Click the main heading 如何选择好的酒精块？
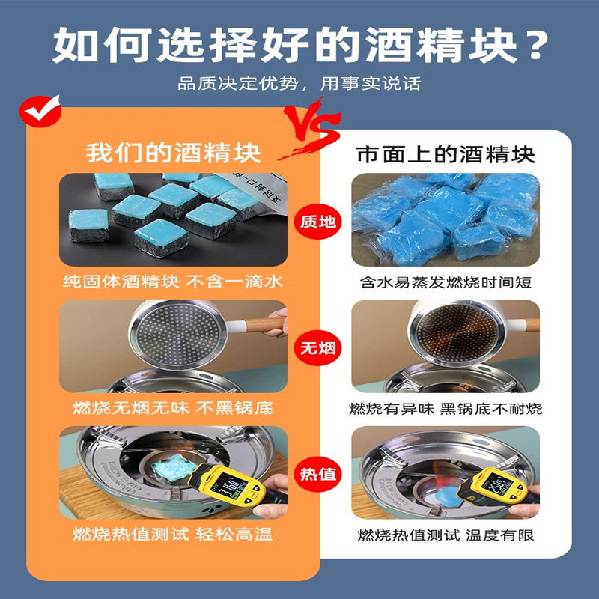pyautogui.click(x=300, y=45)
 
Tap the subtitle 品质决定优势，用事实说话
pyautogui.click(x=299, y=83)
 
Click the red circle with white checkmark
pyautogui.click(x=40, y=111)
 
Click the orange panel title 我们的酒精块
pyautogui.click(x=174, y=153)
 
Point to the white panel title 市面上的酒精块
pyautogui.click(x=446, y=155)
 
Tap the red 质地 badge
pyautogui.click(x=317, y=222)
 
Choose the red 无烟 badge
pyautogui.click(x=317, y=348)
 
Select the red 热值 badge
pyautogui.click(x=317, y=474)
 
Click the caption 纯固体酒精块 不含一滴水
pyautogui.click(x=173, y=282)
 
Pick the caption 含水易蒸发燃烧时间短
pyautogui.click(x=446, y=282)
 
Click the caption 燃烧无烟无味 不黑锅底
pyautogui.click(x=173, y=407)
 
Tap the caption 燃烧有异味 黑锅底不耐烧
pyautogui.click(x=446, y=409)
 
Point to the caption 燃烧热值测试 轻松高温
pyautogui.click(x=173, y=534)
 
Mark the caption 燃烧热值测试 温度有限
pyautogui.click(x=446, y=535)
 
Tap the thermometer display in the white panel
pyautogui.click(x=496, y=484)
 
